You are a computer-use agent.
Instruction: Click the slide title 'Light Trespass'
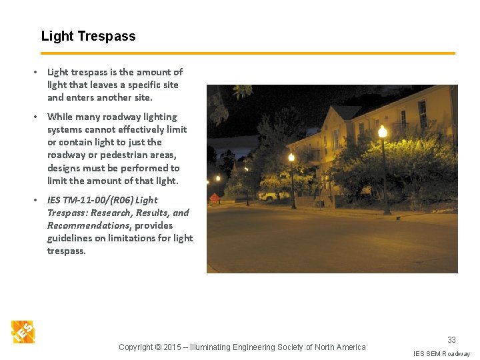[88, 37]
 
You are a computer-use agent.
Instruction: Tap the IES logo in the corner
[23, 331]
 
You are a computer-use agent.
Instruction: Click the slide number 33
[451, 339]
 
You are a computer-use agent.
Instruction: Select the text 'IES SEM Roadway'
[441, 353]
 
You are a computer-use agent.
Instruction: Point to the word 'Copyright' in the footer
[135, 347]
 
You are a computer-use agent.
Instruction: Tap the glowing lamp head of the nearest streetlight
[382, 131]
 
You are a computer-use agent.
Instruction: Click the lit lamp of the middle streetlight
[291, 157]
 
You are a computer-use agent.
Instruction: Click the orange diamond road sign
[214, 197]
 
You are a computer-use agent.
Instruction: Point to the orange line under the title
[247, 53]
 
